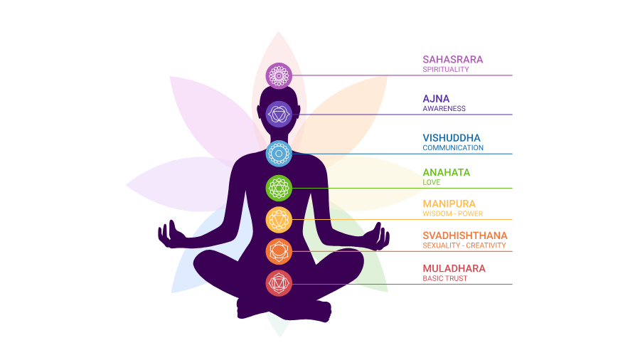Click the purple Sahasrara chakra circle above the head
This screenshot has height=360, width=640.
pyautogui.click(x=279, y=75)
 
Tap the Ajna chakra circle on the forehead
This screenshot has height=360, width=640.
pyautogui.click(x=279, y=114)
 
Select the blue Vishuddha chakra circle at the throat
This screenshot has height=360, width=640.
pyautogui.click(x=279, y=153)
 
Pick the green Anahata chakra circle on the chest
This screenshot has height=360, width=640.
pyautogui.click(x=279, y=188)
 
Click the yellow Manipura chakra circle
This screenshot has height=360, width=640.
pyautogui.click(x=279, y=219)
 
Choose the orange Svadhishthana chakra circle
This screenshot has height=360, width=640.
pyautogui.click(x=279, y=250)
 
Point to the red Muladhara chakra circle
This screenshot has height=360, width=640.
pyautogui.click(x=279, y=283)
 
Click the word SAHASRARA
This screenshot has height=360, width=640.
pyautogui.click(x=452, y=59)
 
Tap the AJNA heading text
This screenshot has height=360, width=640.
pyautogui.click(x=436, y=98)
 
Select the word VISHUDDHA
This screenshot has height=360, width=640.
pyautogui.click(x=452, y=137)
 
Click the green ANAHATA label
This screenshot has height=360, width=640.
pyautogui.click(x=446, y=172)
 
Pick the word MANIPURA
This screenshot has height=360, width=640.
pyautogui.click(x=449, y=203)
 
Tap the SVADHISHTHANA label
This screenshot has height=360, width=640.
pyautogui.click(x=465, y=235)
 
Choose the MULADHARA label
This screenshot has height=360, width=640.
pyautogui.click(x=454, y=268)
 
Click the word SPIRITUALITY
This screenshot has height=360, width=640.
pyautogui.click(x=446, y=70)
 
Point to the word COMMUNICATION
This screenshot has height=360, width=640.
pyautogui.click(x=453, y=148)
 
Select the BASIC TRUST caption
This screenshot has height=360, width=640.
pyautogui.click(x=445, y=279)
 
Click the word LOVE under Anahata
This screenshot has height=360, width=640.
pyautogui.click(x=432, y=183)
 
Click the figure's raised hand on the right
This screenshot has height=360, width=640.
pyautogui.click(x=380, y=235)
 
